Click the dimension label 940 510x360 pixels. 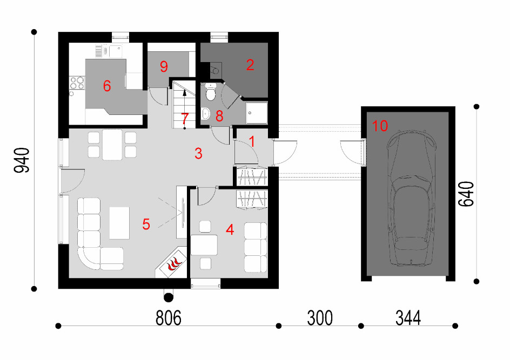[x=22, y=160]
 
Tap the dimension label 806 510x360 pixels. [x=169, y=318]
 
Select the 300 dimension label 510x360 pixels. [x=320, y=318]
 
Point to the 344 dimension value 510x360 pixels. [x=408, y=318]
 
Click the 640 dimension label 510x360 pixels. [x=466, y=194]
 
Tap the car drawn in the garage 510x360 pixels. [x=411, y=199]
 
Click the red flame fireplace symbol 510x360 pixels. [x=173, y=264]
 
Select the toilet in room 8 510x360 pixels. [x=211, y=92]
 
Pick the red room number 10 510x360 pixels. [x=380, y=126]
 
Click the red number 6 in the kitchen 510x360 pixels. [x=106, y=86]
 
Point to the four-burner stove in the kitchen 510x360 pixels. [x=77, y=83]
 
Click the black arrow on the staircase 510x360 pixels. [x=185, y=93]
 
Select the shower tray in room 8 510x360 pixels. [x=257, y=113]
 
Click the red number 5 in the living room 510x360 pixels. [x=146, y=224]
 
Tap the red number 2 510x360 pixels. [x=250, y=65]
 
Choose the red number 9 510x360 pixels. [x=164, y=66]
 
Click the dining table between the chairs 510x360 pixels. [x=112, y=145]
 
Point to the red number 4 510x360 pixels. [x=230, y=230]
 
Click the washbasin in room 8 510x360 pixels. [x=205, y=114]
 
